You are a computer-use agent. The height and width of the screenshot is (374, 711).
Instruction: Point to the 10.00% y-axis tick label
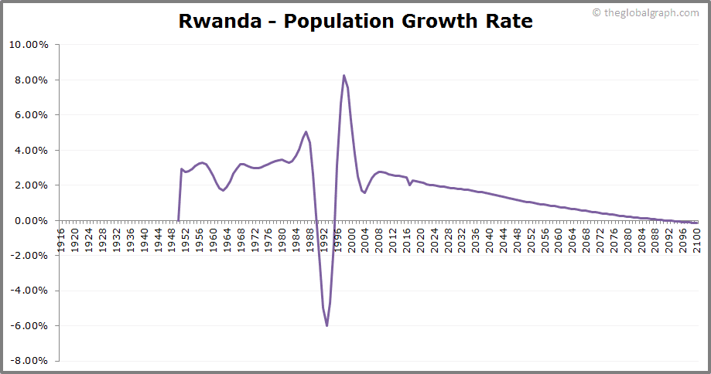click(x=29, y=45)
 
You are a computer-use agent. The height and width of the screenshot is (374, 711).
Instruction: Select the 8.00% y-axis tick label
click(x=31, y=80)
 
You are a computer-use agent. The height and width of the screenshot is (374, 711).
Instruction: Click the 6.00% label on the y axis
click(x=31, y=115)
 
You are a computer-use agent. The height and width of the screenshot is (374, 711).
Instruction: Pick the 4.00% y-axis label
click(x=31, y=151)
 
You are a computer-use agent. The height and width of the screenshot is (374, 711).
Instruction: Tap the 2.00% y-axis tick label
click(x=31, y=185)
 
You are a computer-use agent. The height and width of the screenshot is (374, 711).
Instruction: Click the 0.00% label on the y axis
click(x=31, y=221)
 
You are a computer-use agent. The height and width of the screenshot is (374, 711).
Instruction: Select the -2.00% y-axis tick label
click(x=29, y=256)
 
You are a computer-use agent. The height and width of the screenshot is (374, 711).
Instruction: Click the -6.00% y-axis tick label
click(x=29, y=326)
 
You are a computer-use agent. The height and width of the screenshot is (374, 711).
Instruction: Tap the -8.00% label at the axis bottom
click(x=29, y=361)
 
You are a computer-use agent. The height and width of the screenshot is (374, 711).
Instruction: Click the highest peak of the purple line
click(x=344, y=76)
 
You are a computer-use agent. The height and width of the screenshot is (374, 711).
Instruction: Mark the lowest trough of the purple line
click(x=326, y=325)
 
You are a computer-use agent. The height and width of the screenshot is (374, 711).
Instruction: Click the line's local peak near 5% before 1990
click(x=306, y=132)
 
